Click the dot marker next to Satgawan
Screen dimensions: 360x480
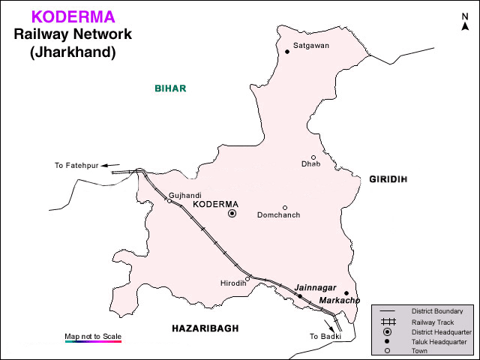[287, 52]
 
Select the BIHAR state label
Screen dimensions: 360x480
[170, 88]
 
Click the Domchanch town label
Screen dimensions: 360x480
[278, 215]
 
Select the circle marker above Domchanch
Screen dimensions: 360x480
[285, 208]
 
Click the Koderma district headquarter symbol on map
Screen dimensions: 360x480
[232, 214]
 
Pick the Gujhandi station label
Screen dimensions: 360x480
[185, 195]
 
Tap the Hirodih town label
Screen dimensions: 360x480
[232, 283]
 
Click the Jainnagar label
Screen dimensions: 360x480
[313, 286]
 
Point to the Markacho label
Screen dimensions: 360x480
[339, 300]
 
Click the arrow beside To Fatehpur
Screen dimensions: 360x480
[111, 165]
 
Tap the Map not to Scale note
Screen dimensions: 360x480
[93, 335]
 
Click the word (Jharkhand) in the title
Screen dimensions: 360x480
[72, 52]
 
